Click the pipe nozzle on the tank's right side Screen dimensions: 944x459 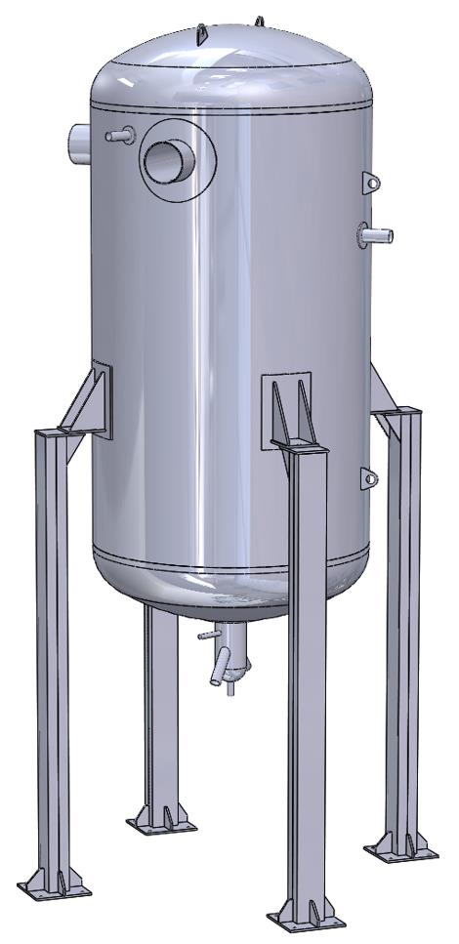tap(375, 234)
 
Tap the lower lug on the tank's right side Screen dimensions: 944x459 tap(369, 477)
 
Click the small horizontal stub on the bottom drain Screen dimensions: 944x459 tap(206, 636)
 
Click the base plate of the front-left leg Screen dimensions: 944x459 tap(55, 890)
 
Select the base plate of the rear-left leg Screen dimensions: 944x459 tap(161, 825)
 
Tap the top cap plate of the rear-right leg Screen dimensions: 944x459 tap(397, 414)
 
